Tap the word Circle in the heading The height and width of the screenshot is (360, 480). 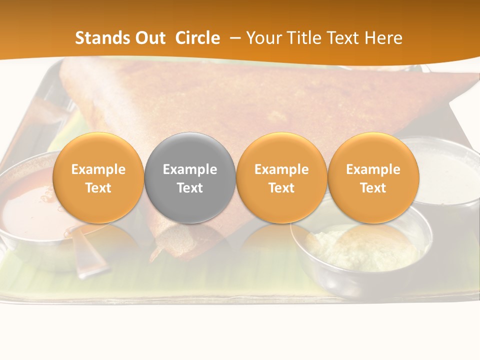[197, 38]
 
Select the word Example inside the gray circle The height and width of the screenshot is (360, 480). [190, 169]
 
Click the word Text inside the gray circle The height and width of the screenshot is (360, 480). [190, 188]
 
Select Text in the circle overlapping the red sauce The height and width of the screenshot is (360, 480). [98, 188]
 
